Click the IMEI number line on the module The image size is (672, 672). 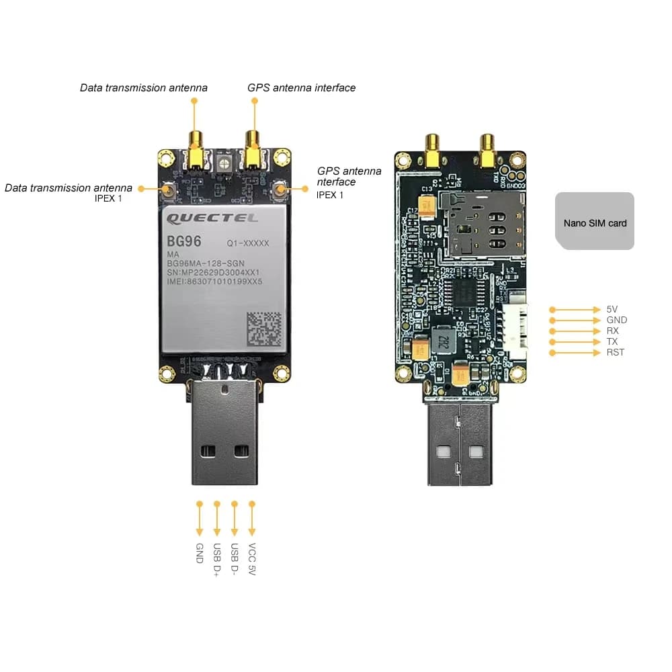pyautogui.click(x=214, y=282)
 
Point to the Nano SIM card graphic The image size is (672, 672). pyautogui.click(x=595, y=222)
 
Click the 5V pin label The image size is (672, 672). pyautogui.click(x=612, y=310)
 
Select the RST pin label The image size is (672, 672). pyautogui.click(x=615, y=353)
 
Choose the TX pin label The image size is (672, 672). pyautogui.click(x=612, y=342)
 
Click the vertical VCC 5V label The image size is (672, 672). pyautogui.click(x=252, y=559)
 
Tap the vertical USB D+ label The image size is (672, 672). pyautogui.click(x=217, y=559)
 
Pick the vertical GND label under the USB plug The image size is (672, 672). pyautogui.click(x=200, y=553)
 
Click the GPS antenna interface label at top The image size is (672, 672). pyautogui.click(x=301, y=88)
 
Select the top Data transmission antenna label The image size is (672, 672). pyautogui.click(x=144, y=88)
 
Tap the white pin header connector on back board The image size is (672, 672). pyautogui.click(x=517, y=330)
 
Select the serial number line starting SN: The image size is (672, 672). pyautogui.click(x=213, y=272)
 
